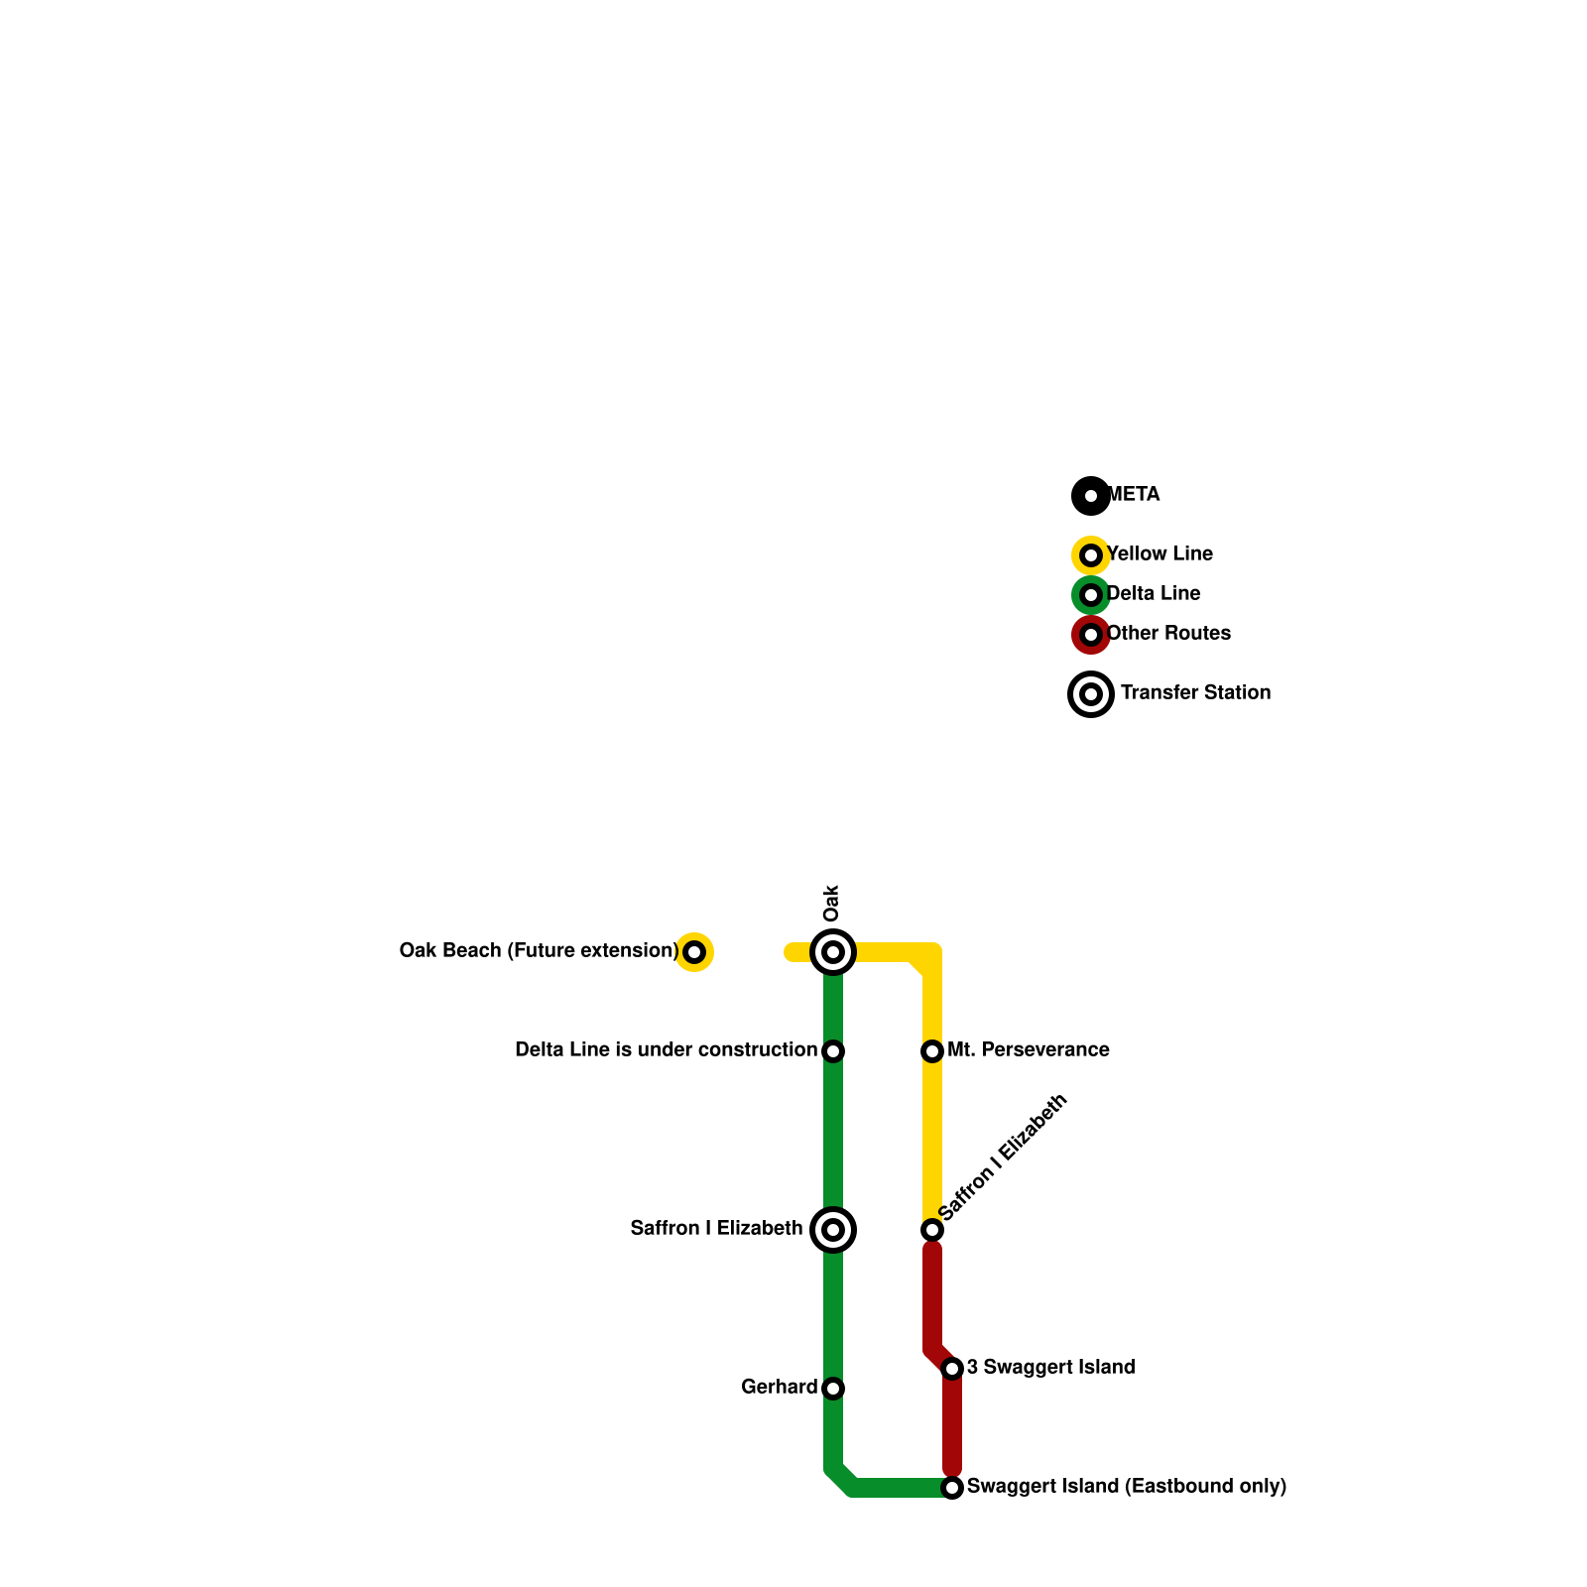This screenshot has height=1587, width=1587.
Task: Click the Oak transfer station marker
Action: coord(833,952)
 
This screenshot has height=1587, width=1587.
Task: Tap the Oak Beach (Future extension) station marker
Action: coord(694,952)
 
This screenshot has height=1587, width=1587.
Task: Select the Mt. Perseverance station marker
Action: coord(932,1051)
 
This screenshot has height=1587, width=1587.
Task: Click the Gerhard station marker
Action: coord(833,1389)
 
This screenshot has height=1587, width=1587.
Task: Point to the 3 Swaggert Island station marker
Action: coord(952,1369)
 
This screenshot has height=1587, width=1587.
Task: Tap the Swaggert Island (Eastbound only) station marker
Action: coord(952,1488)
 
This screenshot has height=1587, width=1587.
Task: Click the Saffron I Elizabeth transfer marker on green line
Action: coord(833,1230)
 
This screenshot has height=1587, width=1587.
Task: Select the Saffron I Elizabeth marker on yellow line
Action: coord(932,1230)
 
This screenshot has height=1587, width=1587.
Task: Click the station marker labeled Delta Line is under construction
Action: coord(833,1051)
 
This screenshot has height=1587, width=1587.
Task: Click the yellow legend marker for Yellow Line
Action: coord(1091,555)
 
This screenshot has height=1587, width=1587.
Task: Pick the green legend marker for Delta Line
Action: coord(1091,595)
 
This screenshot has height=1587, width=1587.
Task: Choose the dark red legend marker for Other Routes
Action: coord(1091,635)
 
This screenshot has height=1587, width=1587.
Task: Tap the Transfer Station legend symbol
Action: coord(1091,694)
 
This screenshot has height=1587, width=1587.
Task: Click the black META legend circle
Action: coord(1091,496)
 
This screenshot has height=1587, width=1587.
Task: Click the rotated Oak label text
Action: coord(832,903)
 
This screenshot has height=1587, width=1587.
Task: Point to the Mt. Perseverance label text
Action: coord(1028,1049)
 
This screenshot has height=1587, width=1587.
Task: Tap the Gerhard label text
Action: coord(779,1387)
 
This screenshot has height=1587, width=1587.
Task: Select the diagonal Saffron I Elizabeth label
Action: coord(1003,1158)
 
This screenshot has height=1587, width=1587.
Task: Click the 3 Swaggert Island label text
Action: coord(1050,1367)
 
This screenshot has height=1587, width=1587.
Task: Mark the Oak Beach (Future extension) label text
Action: coord(539,950)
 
